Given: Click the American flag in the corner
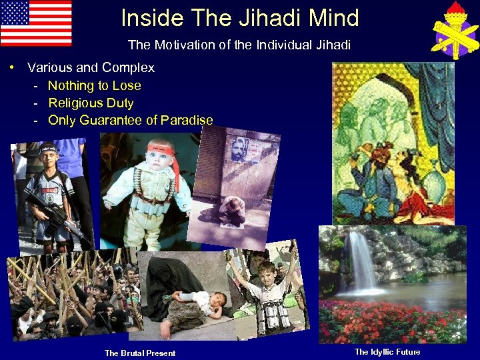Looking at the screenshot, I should (x=36, y=23).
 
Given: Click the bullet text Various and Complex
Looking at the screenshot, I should (x=91, y=67).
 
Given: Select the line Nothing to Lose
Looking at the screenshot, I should (x=94, y=85).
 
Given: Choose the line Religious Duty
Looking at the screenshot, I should (x=91, y=103).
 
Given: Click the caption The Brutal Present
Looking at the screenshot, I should (x=140, y=353).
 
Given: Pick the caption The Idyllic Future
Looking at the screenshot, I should (x=387, y=351).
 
